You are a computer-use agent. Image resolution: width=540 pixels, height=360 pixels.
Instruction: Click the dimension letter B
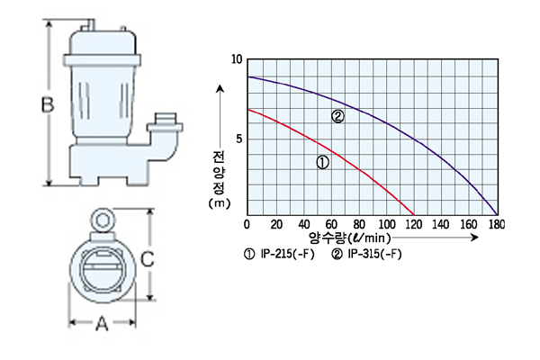[x=48, y=104]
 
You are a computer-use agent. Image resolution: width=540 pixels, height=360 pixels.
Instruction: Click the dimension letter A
[x=102, y=323]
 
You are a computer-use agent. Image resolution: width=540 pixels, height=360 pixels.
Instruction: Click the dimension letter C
[x=148, y=259]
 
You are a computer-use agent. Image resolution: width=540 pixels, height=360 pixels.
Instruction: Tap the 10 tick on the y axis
[x=237, y=59]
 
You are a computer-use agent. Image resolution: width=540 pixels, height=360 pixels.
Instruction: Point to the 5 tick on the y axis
[x=239, y=139]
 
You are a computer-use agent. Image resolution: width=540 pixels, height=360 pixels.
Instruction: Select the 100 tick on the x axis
[x=387, y=225]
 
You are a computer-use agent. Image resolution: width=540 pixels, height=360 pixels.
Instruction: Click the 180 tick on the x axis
[x=496, y=225]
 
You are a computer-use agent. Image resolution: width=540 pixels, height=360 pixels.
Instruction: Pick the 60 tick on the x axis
[x=331, y=225]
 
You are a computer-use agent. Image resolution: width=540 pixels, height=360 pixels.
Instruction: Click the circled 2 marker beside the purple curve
[x=337, y=116]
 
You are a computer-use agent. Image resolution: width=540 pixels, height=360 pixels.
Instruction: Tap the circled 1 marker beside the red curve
[x=323, y=162]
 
